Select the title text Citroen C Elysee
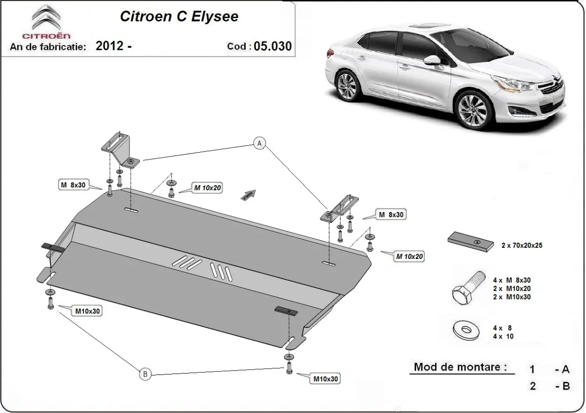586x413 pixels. (x=180, y=16)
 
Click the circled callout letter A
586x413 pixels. (x=259, y=143)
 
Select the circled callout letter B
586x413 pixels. (x=145, y=374)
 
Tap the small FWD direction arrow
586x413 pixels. (x=248, y=195)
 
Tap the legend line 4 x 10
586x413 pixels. (x=503, y=336)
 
